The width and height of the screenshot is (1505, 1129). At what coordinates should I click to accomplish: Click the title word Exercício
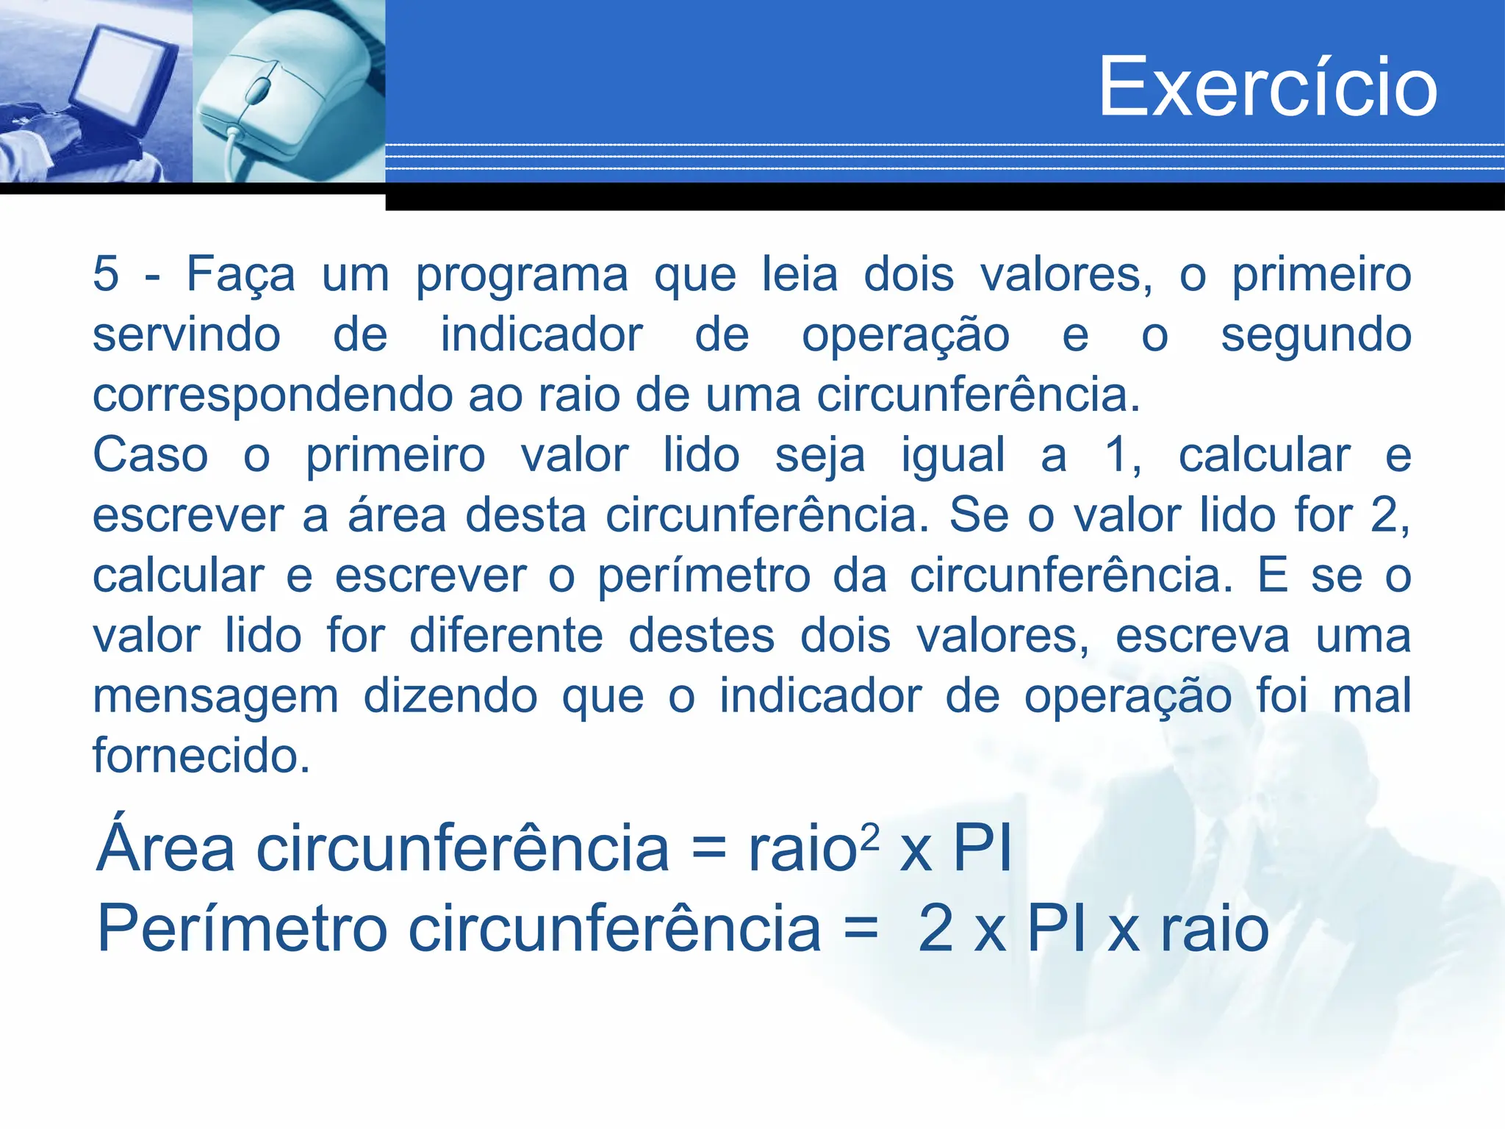(x=1268, y=87)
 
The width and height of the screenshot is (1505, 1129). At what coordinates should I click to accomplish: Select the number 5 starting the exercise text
(x=106, y=274)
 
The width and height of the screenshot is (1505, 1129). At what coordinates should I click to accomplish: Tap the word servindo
(x=187, y=335)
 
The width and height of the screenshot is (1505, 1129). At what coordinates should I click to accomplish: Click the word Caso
(x=151, y=455)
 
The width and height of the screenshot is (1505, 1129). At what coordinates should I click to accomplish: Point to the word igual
(x=953, y=456)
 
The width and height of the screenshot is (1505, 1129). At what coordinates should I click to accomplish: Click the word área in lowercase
(x=397, y=515)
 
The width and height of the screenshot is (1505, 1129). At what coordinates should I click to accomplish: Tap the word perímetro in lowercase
(x=703, y=577)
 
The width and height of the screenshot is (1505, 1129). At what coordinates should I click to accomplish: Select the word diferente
(x=506, y=636)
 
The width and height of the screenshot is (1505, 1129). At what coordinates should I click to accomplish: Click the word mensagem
(x=215, y=698)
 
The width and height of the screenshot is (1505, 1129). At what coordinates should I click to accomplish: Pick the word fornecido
(x=201, y=756)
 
